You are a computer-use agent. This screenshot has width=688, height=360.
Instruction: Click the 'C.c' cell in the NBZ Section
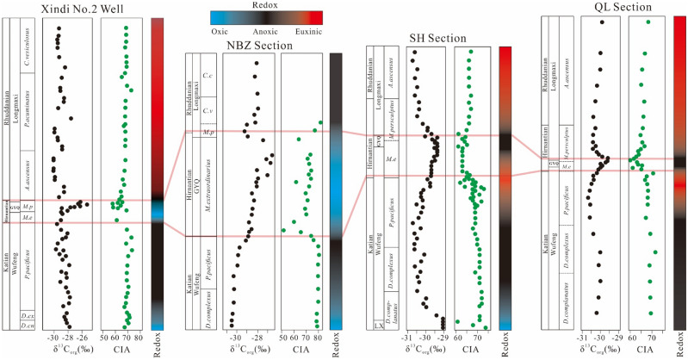(208, 74)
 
